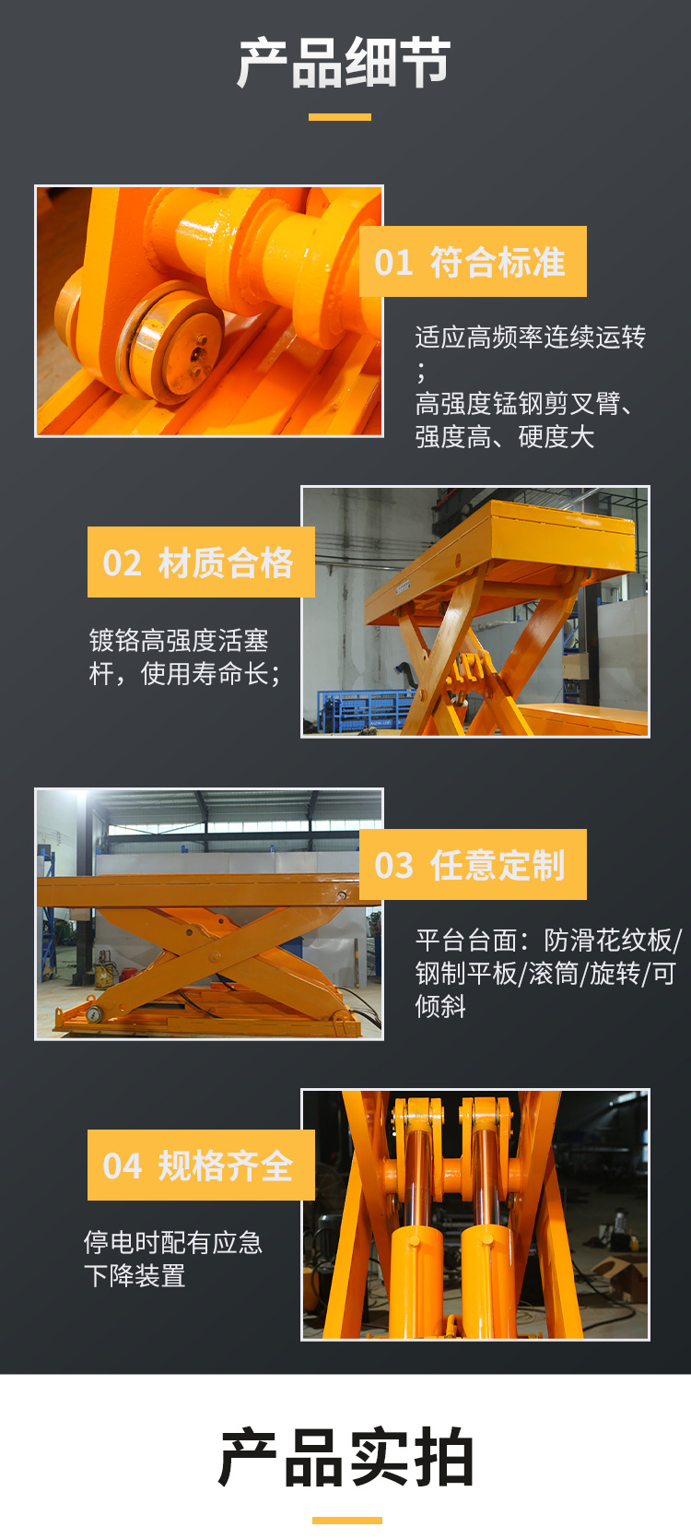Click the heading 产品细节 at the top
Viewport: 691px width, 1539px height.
click(x=344, y=64)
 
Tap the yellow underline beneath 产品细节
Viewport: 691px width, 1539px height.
click(x=340, y=117)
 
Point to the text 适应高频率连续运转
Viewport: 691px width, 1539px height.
click(x=531, y=337)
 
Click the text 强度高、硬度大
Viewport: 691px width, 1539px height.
click(x=504, y=437)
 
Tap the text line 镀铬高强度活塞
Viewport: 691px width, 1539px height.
click(x=179, y=640)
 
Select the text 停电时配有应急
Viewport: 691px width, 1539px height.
click(x=173, y=1242)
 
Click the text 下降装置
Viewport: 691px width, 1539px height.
click(x=135, y=1276)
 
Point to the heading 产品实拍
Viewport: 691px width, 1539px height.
click(x=345, y=1458)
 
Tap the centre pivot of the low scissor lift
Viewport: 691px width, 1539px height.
click(x=216, y=955)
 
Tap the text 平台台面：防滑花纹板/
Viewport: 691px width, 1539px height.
click(x=548, y=941)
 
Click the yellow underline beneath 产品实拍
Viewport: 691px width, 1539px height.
click(x=346, y=1521)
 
